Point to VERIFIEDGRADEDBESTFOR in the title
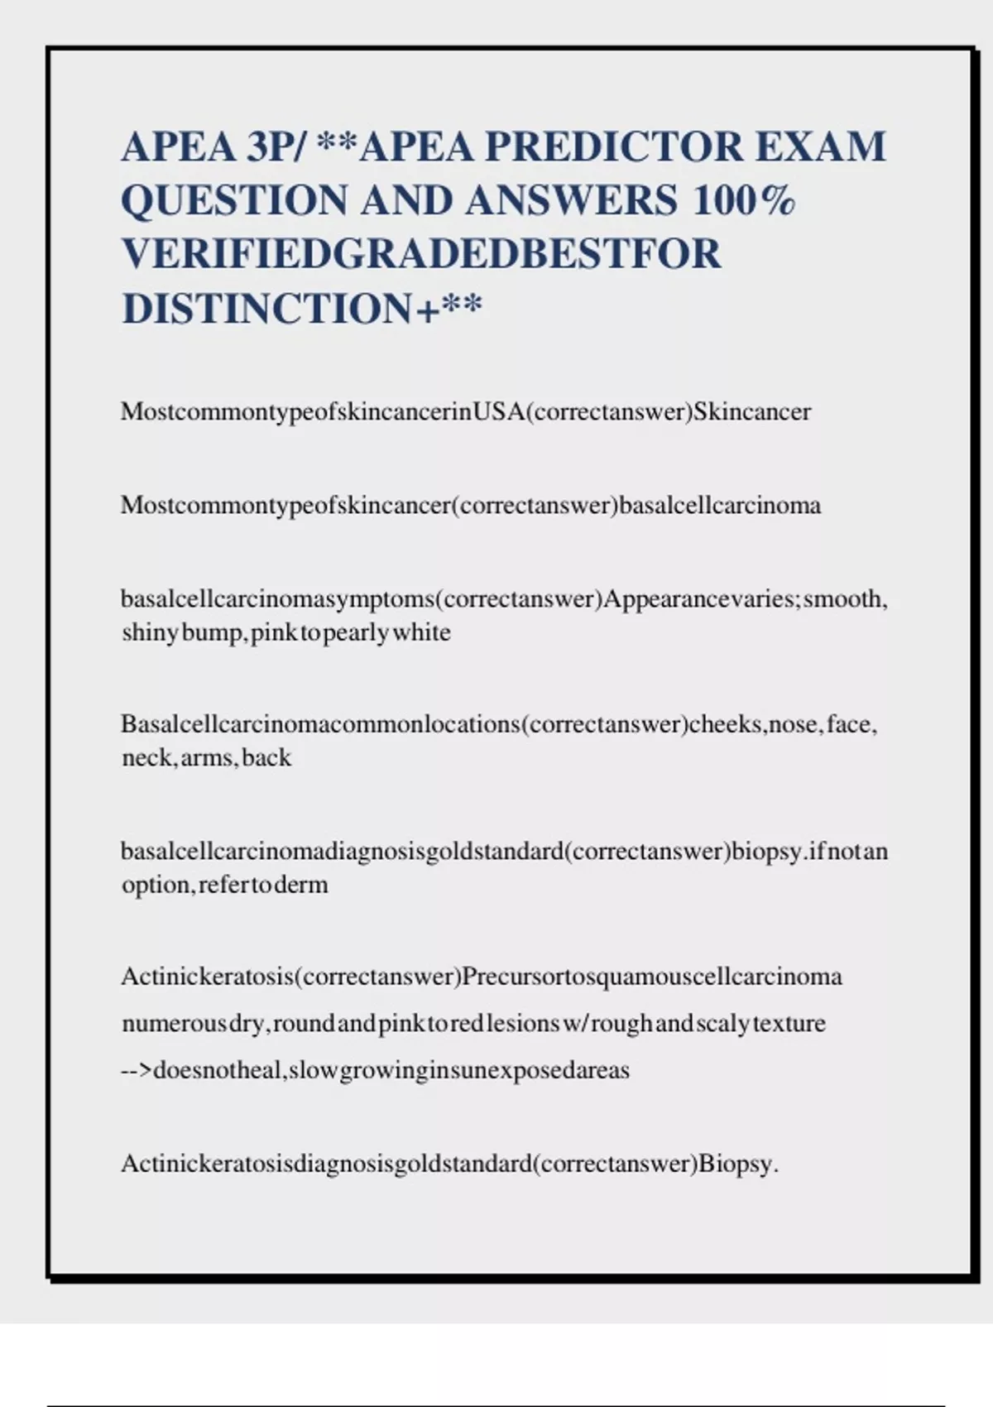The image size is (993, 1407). point(422,254)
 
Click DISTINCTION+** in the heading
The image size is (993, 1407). point(302,309)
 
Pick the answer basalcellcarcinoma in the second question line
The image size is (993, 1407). point(720,505)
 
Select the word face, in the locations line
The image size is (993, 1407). point(851,724)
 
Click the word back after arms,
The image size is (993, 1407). point(266,758)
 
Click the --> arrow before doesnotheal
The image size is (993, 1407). point(137,1070)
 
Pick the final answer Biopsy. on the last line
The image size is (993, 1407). point(739,1164)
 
